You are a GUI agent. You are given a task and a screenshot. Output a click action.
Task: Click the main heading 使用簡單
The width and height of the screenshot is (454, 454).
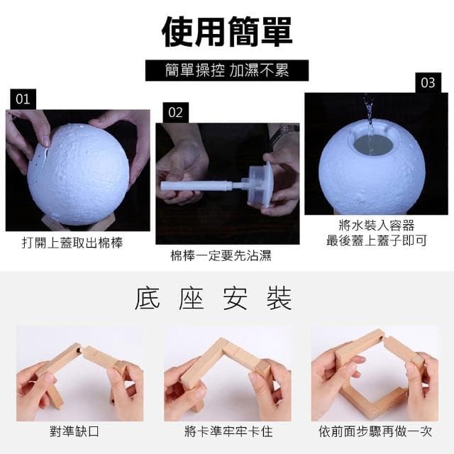pyautogui.click(x=226, y=31)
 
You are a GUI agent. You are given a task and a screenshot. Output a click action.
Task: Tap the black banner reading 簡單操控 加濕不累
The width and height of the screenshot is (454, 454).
pyautogui.click(x=226, y=70)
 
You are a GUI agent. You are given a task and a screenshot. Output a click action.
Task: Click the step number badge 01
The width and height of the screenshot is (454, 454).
pyautogui.click(x=23, y=99)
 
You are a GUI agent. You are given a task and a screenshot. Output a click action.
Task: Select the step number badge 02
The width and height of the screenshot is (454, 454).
pyautogui.click(x=175, y=112)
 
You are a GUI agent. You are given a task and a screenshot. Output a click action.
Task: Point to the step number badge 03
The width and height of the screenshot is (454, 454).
pyautogui.click(x=428, y=82)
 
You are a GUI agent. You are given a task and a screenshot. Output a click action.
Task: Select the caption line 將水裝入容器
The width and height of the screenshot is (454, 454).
pyautogui.click(x=376, y=226)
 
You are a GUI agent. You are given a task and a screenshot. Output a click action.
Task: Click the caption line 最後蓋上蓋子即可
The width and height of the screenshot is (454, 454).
pyautogui.click(x=376, y=240)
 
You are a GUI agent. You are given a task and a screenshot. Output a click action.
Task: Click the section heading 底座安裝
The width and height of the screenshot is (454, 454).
pyautogui.click(x=213, y=299)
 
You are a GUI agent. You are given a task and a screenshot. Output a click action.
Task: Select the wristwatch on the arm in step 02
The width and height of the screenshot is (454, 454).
pyautogui.click(x=286, y=133)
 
